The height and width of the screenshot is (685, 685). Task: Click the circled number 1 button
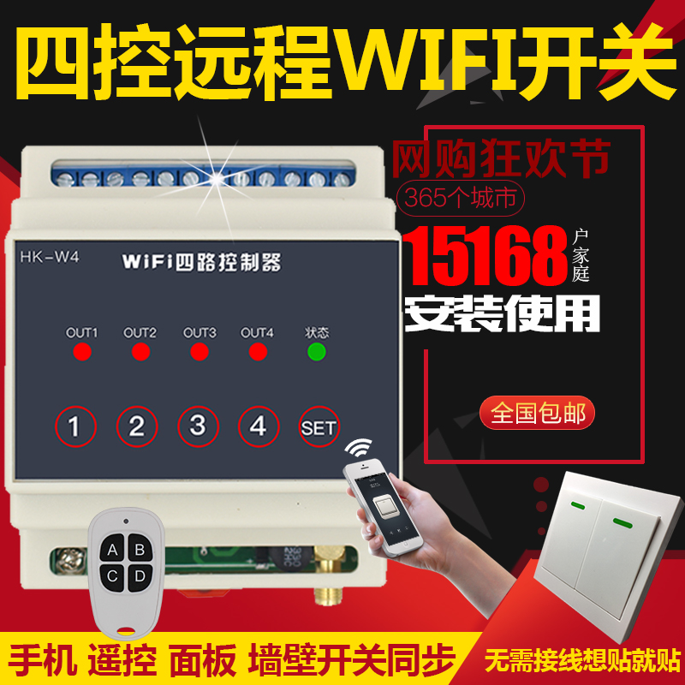(75, 426)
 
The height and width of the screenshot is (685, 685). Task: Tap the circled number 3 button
(198, 426)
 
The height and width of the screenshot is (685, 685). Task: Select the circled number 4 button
(259, 426)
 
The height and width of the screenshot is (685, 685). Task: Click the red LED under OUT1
(82, 352)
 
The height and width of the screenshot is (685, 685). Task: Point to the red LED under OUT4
(258, 352)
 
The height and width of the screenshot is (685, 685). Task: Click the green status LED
(316, 352)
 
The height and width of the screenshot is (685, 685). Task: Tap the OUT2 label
(140, 333)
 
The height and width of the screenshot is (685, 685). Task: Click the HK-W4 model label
(50, 257)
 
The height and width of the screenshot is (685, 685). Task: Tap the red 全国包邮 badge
(537, 413)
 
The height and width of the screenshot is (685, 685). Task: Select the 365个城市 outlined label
(461, 199)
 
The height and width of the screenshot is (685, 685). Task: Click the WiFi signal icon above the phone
(358, 448)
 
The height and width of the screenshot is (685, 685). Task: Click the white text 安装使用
(502, 313)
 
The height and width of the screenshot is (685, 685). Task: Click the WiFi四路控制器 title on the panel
(201, 262)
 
